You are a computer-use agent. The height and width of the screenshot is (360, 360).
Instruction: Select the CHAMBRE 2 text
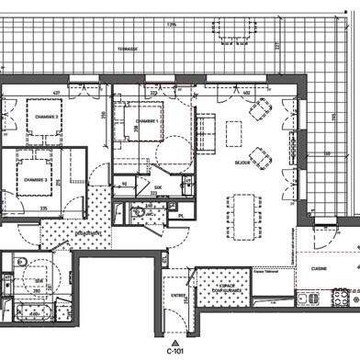pos(46,117)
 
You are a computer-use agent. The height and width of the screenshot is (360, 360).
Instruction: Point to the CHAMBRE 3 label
pos(34,180)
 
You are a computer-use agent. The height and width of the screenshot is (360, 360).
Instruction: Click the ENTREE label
pos(178,295)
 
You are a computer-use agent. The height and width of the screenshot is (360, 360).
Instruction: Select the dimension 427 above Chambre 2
pos(55,93)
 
